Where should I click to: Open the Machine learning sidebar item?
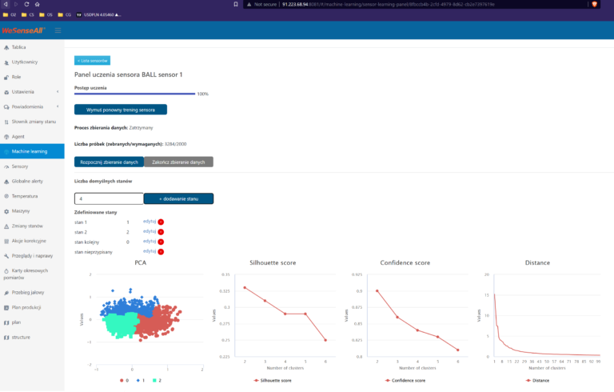(30, 151)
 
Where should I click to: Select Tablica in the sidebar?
(19, 47)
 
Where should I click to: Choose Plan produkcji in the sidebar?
(26, 307)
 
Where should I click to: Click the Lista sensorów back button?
(93, 60)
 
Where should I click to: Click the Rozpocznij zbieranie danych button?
(109, 162)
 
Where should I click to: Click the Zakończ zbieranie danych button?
(177, 162)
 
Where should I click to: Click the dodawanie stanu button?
(178, 198)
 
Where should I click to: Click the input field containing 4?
(109, 198)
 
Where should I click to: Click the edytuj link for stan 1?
(149, 222)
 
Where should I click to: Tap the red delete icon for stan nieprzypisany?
(161, 252)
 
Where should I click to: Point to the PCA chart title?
(141, 262)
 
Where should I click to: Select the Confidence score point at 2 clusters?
(377, 290)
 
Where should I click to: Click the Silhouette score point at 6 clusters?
(325, 340)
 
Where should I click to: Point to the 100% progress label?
(203, 94)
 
